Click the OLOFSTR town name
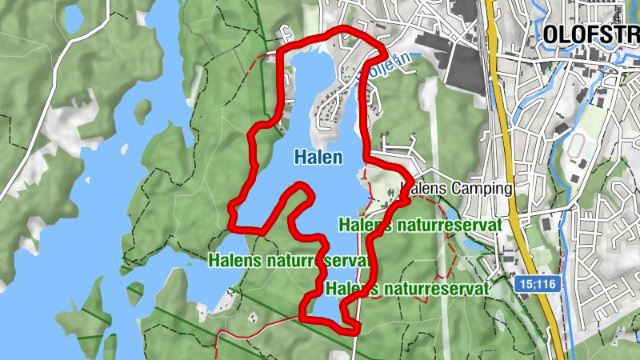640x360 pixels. pyautogui.click(x=590, y=34)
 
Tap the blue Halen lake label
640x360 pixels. pyautogui.click(x=318, y=157)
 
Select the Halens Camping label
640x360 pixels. pyautogui.click(x=456, y=189)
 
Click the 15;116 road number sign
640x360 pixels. pyautogui.click(x=536, y=284)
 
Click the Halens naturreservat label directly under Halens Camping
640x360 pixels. pyautogui.click(x=421, y=225)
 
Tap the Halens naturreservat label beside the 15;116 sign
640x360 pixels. pyautogui.click(x=407, y=287)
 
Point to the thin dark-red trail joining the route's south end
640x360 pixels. pyautogui.click(x=256, y=324)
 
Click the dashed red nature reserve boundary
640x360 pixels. pyautogui.click(x=452, y=256)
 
